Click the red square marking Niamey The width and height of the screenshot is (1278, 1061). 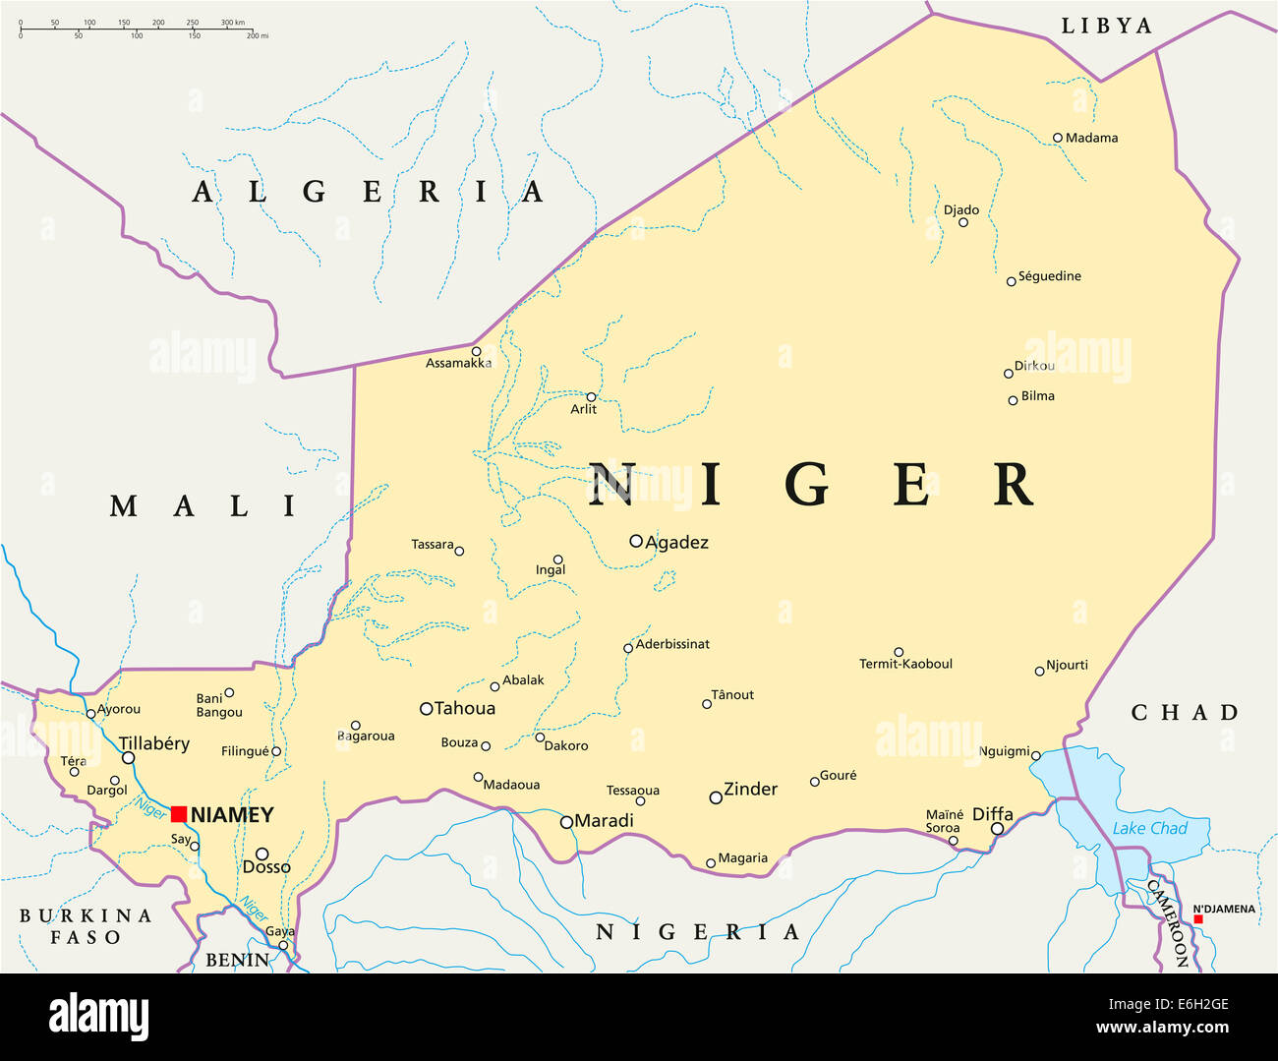(x=179, y=814)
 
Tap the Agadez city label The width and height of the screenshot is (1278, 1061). (x=676, y=543)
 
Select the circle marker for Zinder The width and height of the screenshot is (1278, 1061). (x=716, y=797)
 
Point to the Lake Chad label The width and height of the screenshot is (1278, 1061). (x=1149, y=829)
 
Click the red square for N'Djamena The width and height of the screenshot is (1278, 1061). (x=1197, y=919)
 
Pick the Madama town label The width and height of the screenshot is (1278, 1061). (x=1091, y=139)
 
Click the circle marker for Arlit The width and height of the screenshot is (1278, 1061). (x=591, y=397)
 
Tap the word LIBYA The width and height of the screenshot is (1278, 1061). (x=1106, y=27)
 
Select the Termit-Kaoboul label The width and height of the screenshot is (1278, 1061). (x=905, y=665)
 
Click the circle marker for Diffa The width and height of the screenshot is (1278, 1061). (x=997, y=829)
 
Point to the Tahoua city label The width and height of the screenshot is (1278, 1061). (x=465, y=709)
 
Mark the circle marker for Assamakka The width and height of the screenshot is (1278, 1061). (x=476, y=351)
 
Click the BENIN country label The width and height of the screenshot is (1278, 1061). (x=237, y=960)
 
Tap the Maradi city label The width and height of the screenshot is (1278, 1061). (x=604, y=821)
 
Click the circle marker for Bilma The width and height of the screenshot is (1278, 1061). (x=1013, y=400)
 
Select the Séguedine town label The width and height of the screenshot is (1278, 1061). (x=1049, y=276)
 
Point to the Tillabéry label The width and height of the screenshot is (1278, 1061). (x=153, y=744)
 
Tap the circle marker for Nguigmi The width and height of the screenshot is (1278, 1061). (x=1035, y=754)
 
